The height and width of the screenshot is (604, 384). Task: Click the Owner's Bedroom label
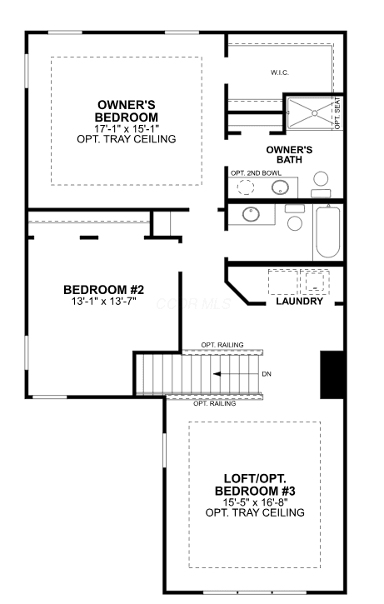[x=127, y=111]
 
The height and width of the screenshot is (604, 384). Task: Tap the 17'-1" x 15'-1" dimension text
[x=127, y=128]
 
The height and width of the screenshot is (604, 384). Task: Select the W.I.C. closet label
[x=280, y=72]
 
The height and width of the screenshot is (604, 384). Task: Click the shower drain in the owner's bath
[x=314, y=113]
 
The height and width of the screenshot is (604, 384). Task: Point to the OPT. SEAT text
[x=337, y=113]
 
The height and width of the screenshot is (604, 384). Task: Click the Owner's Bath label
[x=289, y=154]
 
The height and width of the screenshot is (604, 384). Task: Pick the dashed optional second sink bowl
[x=246, y=187]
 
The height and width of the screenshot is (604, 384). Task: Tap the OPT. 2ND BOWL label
[x=256, y=173]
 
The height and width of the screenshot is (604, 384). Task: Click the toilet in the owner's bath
[x=321, y=184]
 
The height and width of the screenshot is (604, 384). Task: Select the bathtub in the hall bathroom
[x=328, y=232]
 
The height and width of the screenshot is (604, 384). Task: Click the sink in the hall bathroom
[x=251, y=214]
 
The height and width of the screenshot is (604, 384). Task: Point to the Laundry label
[x=299, y=302]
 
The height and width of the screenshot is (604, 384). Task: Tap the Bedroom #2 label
[x=103, y=289]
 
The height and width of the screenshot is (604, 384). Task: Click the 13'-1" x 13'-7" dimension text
[x=103, y=301]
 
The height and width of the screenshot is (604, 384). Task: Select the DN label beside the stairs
[x=267, y=374]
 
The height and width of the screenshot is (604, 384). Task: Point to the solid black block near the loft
[x=332, y=375]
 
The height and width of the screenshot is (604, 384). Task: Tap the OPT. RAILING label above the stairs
[x=222, y=345]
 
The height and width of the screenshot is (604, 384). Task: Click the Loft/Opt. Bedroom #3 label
[x=255, y=485]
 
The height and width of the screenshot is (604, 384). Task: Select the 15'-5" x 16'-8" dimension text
[x=255, y=502]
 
